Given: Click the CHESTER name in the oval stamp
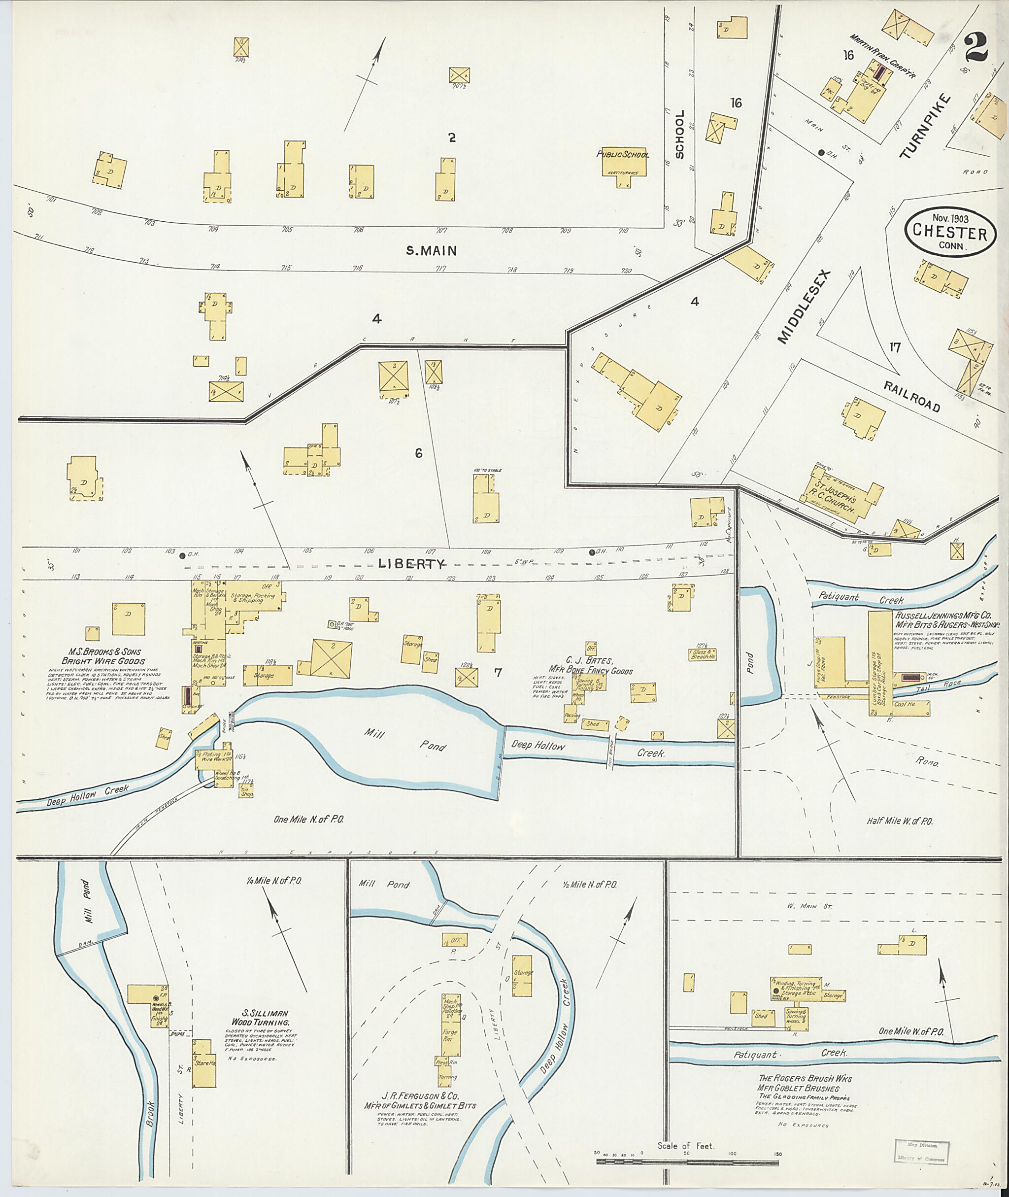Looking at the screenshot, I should [x=949, y=233].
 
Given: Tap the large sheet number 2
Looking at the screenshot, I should [x=976, y=47].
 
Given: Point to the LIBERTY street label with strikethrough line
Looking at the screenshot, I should [x=411, y=564].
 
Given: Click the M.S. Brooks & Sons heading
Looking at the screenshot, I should [x=104, y=656].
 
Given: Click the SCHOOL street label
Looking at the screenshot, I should [x=679, y=134].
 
